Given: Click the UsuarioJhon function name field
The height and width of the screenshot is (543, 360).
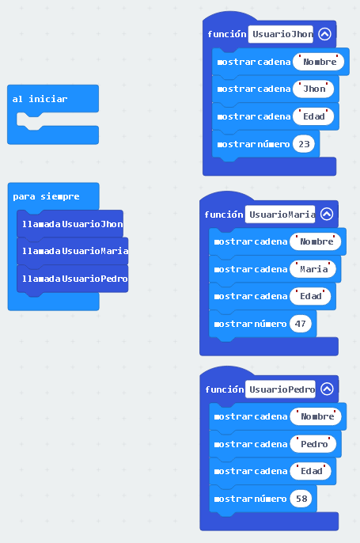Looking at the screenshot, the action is point(281,34).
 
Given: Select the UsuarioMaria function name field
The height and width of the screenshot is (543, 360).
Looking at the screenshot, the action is point(280,215).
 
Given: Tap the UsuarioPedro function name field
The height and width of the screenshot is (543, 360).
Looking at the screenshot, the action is point(280,389).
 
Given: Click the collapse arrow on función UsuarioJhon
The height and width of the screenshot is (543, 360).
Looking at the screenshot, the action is point(324,34).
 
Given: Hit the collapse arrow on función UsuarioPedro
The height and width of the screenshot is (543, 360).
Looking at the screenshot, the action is point(327,389).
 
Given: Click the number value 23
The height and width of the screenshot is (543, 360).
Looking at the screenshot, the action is point(304,144).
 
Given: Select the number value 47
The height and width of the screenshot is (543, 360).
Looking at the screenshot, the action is point(301,324).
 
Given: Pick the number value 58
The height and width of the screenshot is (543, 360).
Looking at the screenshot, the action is point(301,499).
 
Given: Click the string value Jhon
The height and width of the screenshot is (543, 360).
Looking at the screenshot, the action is point(313,89).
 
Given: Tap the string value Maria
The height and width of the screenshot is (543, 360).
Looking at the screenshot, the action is point(313,269).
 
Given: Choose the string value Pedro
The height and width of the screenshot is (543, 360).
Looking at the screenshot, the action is point(313,444).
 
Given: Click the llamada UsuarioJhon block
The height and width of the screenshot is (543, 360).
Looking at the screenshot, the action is point(70,224).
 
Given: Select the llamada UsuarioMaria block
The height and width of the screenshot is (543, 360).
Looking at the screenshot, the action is point(73,251).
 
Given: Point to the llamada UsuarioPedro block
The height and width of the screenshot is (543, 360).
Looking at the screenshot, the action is point(73,279).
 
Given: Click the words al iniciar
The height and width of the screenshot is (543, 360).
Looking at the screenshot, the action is point(40,99).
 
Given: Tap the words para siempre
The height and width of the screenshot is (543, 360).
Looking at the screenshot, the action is point(46,196).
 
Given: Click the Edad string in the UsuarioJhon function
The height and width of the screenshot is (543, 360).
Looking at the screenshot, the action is point(313,116).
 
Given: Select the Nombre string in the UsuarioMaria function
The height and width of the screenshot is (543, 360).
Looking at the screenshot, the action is point(316,241).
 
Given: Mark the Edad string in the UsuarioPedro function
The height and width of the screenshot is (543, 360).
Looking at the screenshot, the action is point(311,471).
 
